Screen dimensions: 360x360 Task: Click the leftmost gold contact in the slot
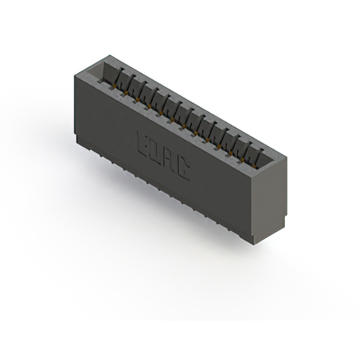[115, 86]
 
